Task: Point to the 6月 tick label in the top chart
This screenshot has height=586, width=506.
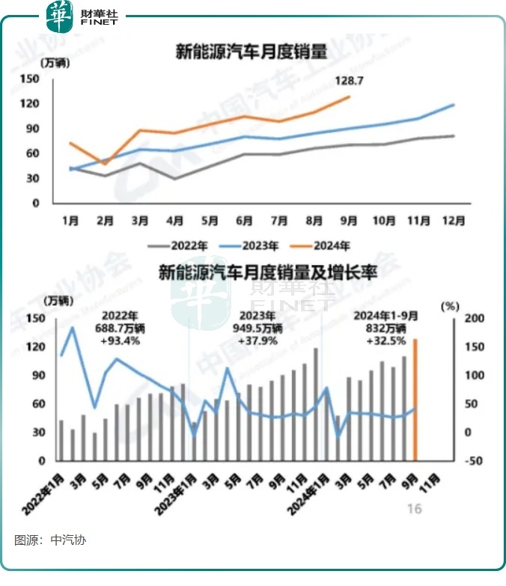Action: pos(243,221)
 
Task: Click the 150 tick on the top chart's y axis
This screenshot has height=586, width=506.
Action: pos(29,78)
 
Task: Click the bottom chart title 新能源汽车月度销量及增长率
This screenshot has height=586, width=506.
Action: pos(267,273)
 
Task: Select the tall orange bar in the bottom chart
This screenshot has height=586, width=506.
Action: pos(415,400)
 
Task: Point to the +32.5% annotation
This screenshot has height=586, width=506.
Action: pos(386,341)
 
